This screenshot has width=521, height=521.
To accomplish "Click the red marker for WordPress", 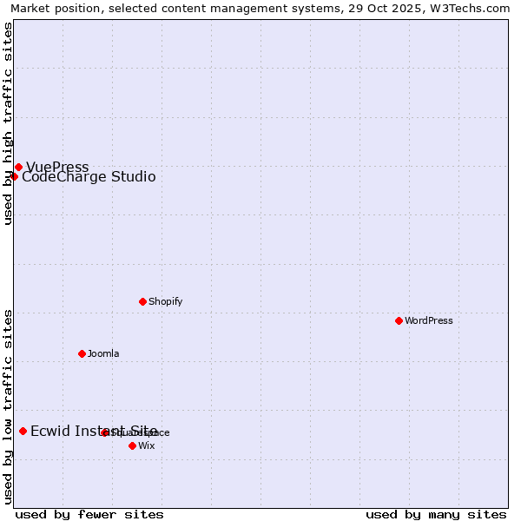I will click(399, 320).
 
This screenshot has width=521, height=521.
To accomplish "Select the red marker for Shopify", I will click(142, 301).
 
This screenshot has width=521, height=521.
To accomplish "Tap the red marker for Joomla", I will click(82, 353).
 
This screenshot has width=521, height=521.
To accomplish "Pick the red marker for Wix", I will click(132, 445).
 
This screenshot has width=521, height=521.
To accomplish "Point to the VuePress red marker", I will click(18, 167).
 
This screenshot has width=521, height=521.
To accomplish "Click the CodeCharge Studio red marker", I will click(14, 176).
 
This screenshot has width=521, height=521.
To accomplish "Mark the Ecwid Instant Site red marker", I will click(23, 431).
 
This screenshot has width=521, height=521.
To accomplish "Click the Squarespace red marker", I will click(104, 432).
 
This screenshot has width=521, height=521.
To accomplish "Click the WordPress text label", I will click(429, 320).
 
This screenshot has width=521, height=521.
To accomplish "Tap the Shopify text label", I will click(165, 301).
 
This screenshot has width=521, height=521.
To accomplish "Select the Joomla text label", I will click(103, 353).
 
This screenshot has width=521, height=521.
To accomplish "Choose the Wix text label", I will click(146, 445).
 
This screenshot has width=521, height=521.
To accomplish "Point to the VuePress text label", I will click(57, 167).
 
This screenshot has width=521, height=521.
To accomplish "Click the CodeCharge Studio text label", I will click(89, 177).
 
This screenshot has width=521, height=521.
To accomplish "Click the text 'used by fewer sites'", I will click(89, 514).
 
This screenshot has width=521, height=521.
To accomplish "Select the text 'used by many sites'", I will click(436, 514).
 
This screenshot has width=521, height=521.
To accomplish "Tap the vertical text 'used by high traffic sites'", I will click(8, 123).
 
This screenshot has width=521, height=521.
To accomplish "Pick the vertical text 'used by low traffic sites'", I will click(8, 406).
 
